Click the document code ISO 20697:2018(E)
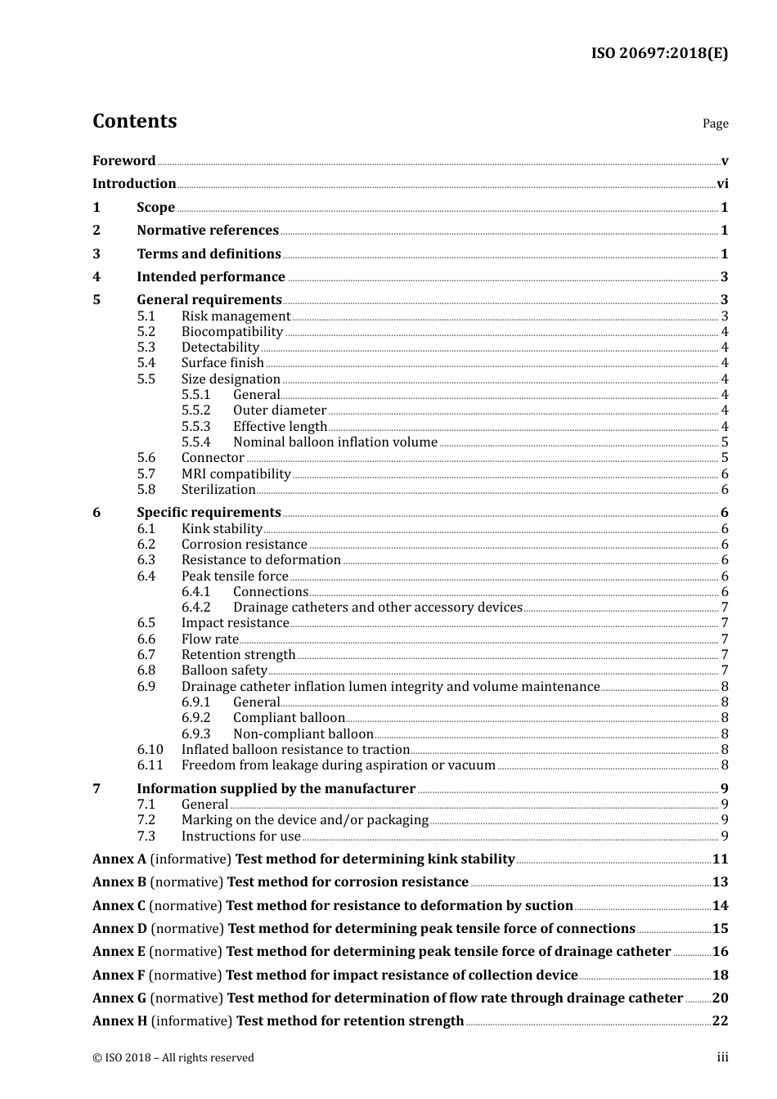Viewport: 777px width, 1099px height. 659,53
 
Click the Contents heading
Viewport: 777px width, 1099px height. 134,121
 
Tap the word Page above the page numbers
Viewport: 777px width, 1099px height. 715,123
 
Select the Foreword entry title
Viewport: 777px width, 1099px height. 124,160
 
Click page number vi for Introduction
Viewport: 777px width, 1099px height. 722,184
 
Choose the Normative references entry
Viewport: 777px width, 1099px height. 208,231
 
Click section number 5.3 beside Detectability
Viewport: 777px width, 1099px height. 146,348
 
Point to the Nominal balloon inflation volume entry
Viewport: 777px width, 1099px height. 335,442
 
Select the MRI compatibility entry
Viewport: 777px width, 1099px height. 236,474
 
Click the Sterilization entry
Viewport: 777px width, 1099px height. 218,490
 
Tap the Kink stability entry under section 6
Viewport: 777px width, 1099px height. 222,529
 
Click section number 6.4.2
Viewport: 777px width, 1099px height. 195,608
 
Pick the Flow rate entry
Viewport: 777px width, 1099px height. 210,639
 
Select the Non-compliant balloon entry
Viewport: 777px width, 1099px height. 303,734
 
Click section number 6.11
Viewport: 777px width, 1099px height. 150,765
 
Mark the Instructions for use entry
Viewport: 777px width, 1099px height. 240,837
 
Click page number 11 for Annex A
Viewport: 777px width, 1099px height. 720,859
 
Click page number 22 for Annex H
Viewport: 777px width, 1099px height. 720,1021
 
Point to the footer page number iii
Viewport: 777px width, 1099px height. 722,1057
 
